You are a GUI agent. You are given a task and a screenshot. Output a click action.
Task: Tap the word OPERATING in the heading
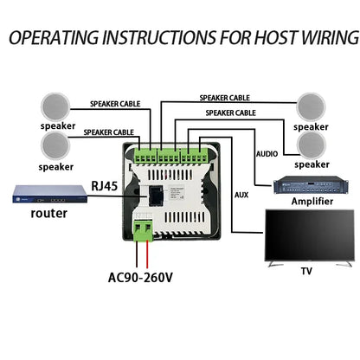pos(58,38)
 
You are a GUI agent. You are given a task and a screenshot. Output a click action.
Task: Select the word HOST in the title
pos(262,38)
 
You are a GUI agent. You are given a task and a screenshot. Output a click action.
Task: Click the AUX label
pos(242,196)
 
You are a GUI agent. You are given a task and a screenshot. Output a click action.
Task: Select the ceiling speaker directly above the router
pos(55,145)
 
